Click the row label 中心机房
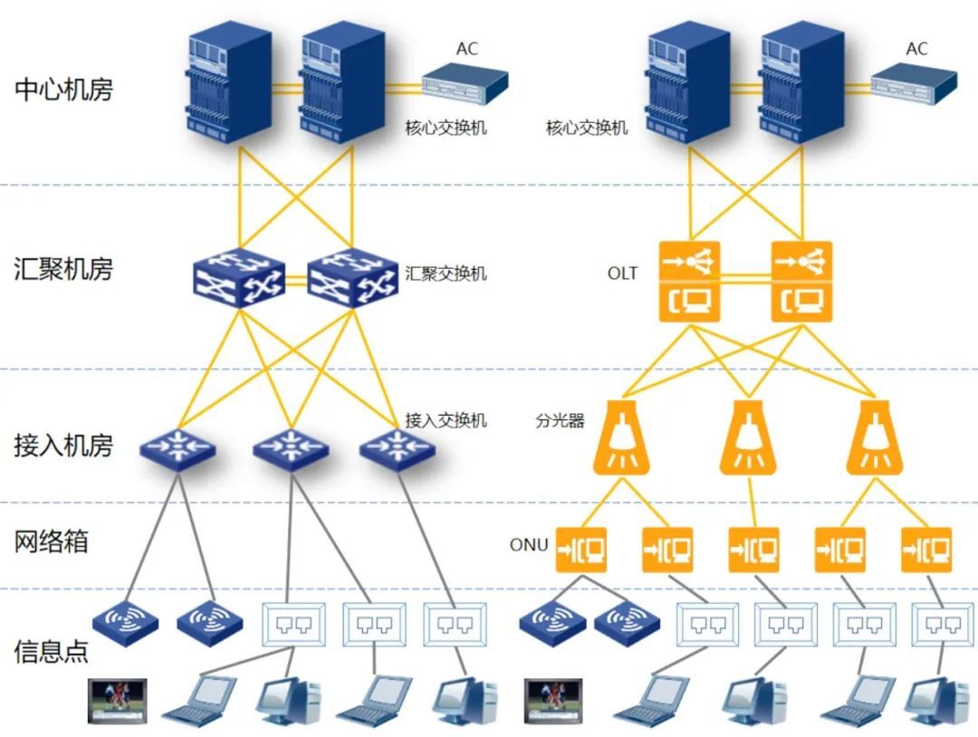pos(63,90)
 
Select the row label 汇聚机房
pos(63,269)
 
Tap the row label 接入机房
pos(63,445)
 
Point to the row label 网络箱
pos(52,541)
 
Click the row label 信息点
pos(52,651)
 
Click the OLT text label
pos(622,273)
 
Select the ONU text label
pos(529,544)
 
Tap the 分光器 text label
pos(560,421)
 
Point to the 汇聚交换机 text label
pos(446,273)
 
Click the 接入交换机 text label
pos(446,420)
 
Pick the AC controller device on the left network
pos(465,82)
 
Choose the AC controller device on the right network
pos(914,82)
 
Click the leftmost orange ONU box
pos(580,549)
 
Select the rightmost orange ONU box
pos(926,549)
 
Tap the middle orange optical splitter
pos(748,438)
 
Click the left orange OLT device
pos(689,282)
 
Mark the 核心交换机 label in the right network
pos(587,128)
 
